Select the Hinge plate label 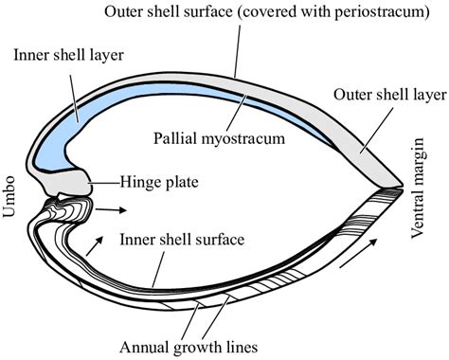click(x=159, y=177)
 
